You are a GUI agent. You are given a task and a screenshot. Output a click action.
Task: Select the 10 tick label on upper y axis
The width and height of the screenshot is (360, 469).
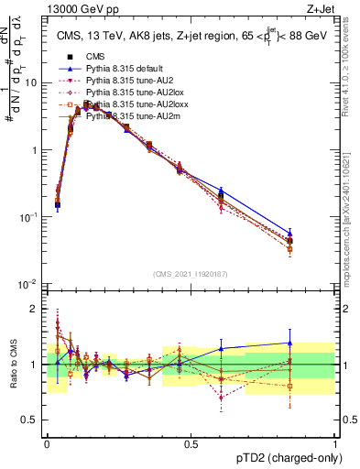tap(30, 82)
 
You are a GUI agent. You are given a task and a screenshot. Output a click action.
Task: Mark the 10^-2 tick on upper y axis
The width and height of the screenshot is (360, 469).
tap(28, 284)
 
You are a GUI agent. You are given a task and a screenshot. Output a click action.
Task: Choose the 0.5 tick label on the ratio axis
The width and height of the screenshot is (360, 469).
tap(30, 421)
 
